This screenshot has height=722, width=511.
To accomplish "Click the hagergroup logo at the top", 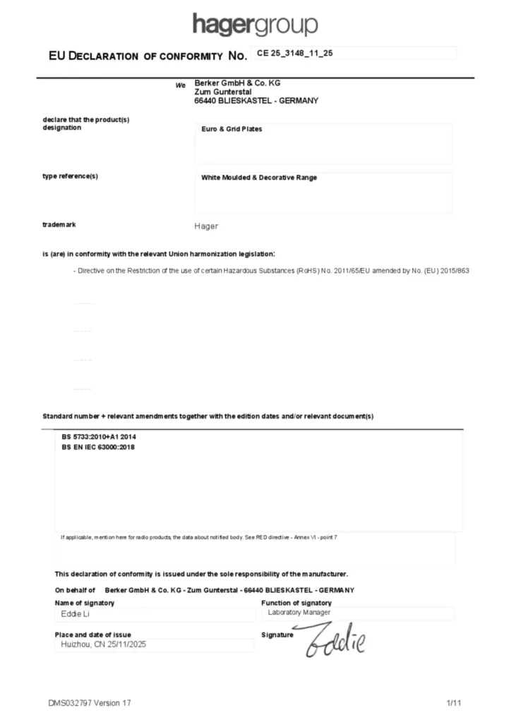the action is (x=255, y=25).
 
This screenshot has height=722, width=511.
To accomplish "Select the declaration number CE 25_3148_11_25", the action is (x=294, y=53).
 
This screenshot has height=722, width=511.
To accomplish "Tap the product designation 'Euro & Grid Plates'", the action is (x=232, y=129).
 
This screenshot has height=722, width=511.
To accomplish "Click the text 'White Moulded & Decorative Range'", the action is (x=259, y=178).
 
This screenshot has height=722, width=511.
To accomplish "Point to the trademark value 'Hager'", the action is (x=206, y=226).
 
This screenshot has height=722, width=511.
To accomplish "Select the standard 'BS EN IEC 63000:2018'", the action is (x=98, y=448).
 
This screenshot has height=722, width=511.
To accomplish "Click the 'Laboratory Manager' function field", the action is (x=299, y=613).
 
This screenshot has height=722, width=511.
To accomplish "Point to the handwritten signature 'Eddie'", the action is (x=335, y=640).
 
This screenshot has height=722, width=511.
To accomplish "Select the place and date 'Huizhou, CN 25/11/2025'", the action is (x=104, y=644).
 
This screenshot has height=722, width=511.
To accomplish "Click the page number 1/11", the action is (x=454, y=703).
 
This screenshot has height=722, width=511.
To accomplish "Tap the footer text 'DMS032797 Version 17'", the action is (x=90, y=703).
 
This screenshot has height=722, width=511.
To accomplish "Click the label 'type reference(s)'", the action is (x=70, y=176).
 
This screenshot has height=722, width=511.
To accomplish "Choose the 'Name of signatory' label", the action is (x=85, y=603).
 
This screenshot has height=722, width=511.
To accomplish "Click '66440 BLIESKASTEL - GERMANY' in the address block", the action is (x=255, y=101).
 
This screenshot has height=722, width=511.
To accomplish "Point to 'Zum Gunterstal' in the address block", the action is (x=223, y=92).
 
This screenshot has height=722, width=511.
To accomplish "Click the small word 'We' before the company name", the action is (x=180, y=85).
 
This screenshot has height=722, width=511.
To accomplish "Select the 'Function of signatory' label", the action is (x=296, y=603).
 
